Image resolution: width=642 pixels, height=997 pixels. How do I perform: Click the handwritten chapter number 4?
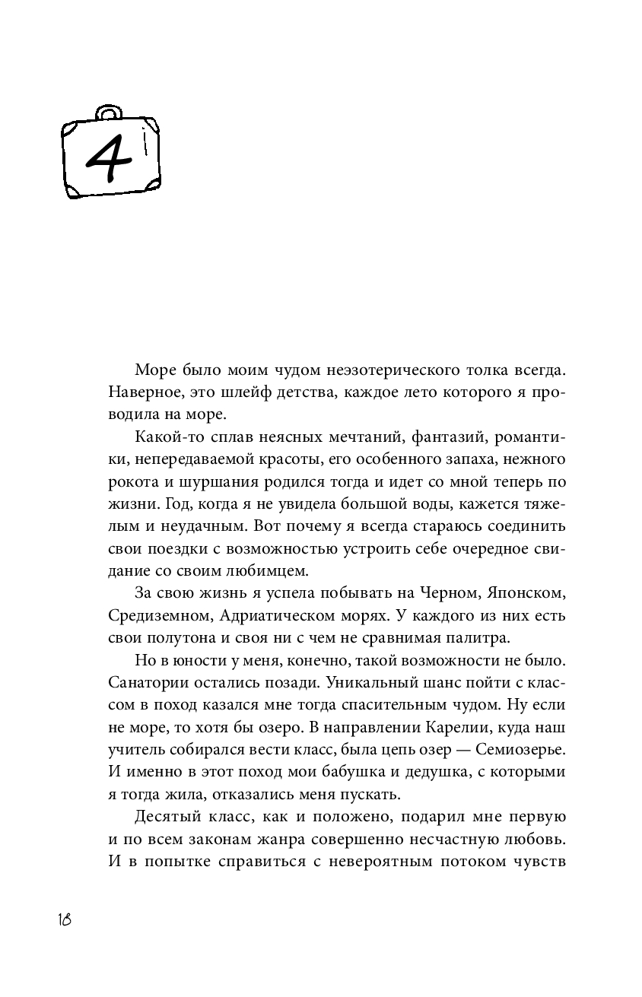point(110,158)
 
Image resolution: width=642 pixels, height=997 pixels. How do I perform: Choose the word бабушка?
point(332,770)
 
